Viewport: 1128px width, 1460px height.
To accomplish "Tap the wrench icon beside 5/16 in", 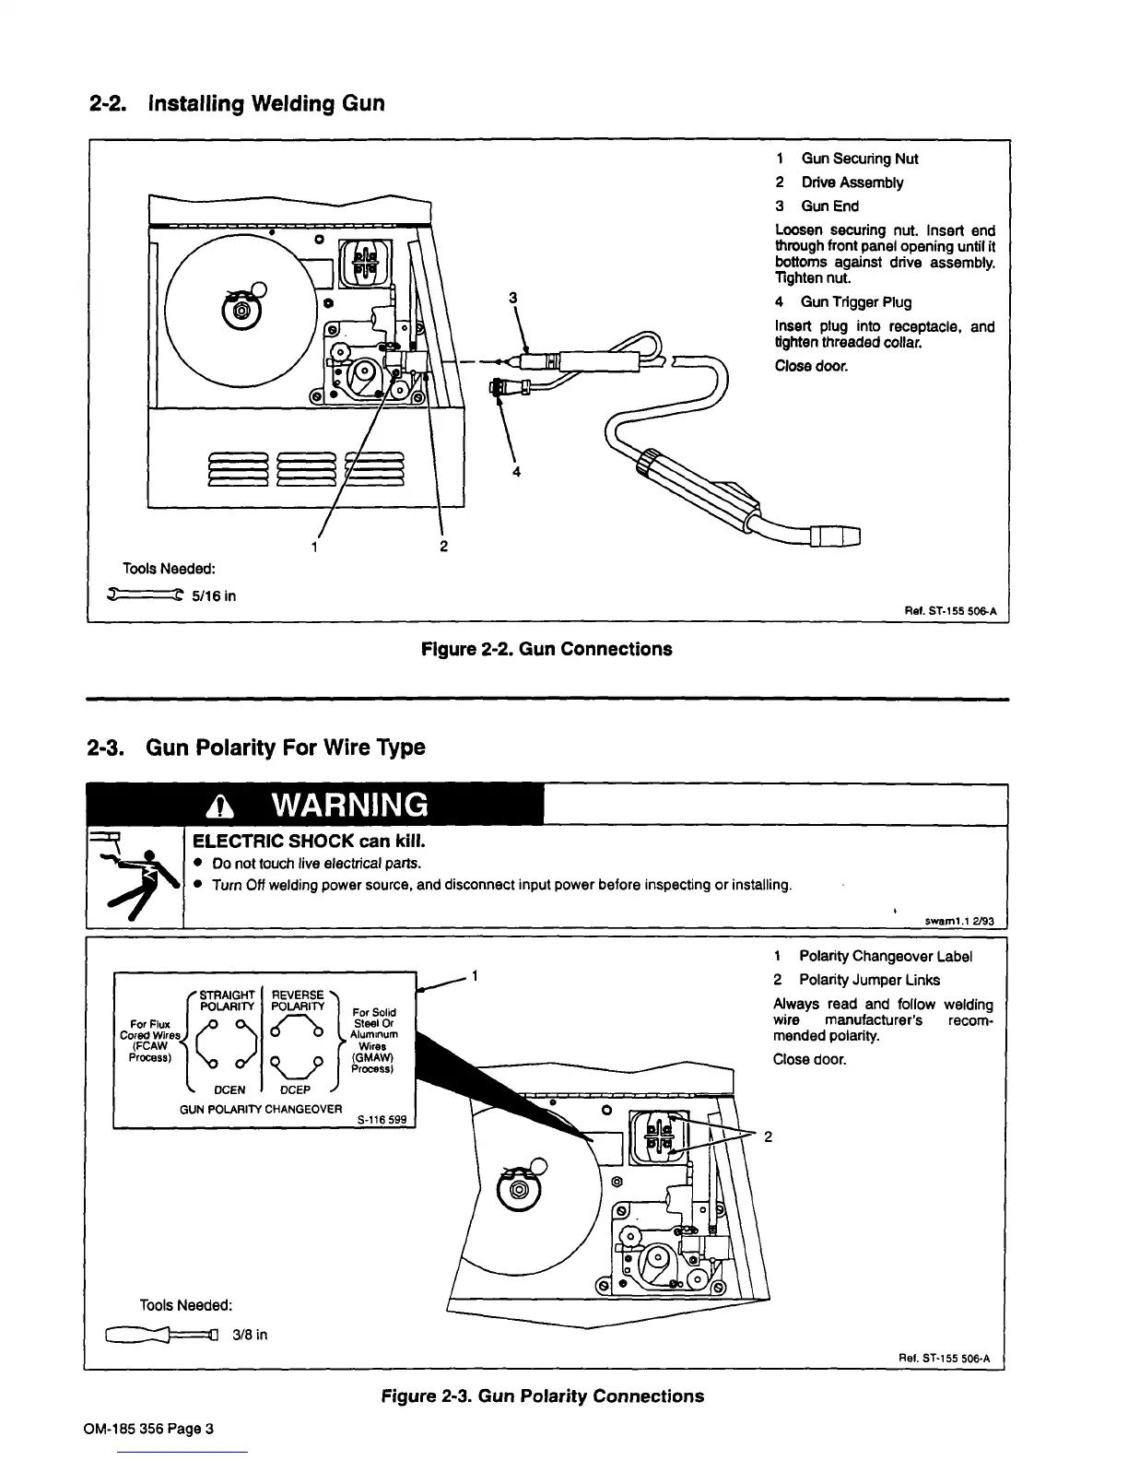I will (x=145, y=595).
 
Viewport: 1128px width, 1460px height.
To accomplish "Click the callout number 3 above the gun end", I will (x=513, y=297).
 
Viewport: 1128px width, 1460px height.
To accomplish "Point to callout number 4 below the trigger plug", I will (x=516, y=472).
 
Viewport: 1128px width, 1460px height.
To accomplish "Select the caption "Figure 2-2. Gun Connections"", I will (x=546, y=649).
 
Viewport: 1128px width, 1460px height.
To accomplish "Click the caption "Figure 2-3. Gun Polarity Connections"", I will (x=543, y=1395).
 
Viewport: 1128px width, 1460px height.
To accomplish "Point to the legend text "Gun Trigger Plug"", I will (x=856, y=302).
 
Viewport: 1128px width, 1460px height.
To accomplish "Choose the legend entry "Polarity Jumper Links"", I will (x=869, y=980).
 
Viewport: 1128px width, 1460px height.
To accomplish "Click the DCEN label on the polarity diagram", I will (x=229, y=1089).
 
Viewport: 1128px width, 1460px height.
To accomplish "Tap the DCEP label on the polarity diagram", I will (x=294, y=1089).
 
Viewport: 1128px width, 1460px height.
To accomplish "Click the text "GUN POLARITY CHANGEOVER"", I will (x=261, y=1109).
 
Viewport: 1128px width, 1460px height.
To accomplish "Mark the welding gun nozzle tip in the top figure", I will (x=837, y=536).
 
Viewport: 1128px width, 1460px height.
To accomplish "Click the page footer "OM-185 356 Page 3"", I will (x=148, y=1430).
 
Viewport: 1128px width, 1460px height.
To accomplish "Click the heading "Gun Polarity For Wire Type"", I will (x=286, y=748).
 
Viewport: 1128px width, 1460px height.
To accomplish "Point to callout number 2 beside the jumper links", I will (x=768, y=1136).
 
